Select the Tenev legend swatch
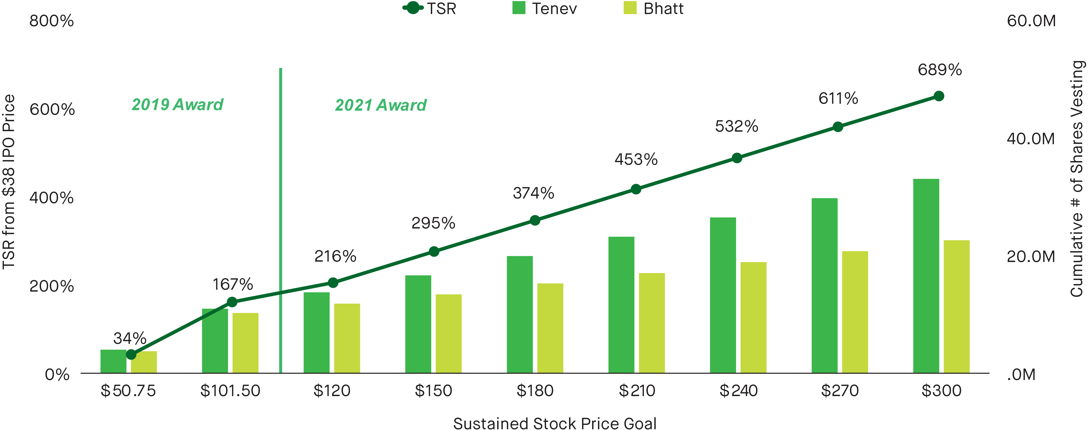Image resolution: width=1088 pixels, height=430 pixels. (x=519, y=8)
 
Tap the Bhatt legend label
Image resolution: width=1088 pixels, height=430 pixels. (x=663, y=8)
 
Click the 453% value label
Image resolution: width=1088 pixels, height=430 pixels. (x=636, y=160)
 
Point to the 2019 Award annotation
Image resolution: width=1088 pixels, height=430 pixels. (x=177, y=104)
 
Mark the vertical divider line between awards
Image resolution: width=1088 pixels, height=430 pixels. (x=281, y=219)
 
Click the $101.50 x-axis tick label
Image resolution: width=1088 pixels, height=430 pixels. (x=230, y=391)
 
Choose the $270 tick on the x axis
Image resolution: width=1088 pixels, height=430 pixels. (x=840, y=391)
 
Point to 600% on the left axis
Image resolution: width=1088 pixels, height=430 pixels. (x=52, y=109)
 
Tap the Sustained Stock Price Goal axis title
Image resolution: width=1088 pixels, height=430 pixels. (x=554, y=423)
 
